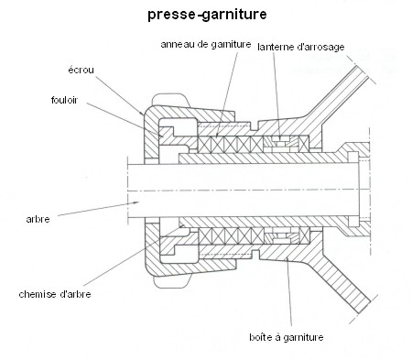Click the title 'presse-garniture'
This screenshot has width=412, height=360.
(x=207, y=15)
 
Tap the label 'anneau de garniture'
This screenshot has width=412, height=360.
(x=206, y=45)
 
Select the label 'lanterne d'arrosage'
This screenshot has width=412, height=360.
(x=301, y=47)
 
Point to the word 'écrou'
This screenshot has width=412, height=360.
(x=81, y=70)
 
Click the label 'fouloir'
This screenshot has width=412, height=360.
(x=64, y=100)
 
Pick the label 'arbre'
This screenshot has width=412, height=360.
(x=38, y=219)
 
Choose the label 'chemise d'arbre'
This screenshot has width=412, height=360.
(x=55, y=294)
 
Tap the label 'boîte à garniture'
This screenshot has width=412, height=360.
(x=287, y=337)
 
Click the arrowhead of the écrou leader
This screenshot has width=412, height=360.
(x=142, y=114)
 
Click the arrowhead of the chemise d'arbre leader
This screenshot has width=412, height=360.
(x=181, y=226)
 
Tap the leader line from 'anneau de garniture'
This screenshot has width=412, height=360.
(x=227, y=94)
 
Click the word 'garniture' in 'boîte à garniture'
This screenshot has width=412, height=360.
(x=303, y=338)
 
